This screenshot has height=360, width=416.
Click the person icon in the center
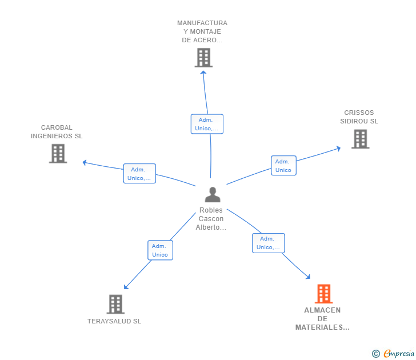click(213, 195)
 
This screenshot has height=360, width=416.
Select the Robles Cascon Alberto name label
click(211, 219)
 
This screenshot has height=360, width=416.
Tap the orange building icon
click(323, 294)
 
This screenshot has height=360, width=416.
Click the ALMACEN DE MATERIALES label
click(322, 319)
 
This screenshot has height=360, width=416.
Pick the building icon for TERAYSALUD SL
click(115, 304)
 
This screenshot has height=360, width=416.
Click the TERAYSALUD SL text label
click(114, 321)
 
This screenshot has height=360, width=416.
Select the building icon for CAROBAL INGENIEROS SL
click(58, 153)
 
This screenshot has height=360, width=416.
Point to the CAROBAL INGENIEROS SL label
click(57, 132)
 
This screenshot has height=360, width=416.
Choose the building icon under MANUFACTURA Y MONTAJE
click(203, 58)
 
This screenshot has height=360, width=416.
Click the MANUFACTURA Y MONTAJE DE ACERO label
click(202, 31)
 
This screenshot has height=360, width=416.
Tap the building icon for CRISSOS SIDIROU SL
click(360, 139)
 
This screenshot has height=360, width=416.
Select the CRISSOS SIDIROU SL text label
click(359, 117)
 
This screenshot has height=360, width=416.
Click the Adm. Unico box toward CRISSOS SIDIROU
click(283, 166)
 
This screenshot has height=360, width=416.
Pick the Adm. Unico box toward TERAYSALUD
click(160, 250)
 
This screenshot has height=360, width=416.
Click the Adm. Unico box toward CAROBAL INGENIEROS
click(139, 174)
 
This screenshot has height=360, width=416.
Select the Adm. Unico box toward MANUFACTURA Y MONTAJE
click(207, 124)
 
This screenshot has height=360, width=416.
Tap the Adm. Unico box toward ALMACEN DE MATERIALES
click(269, 243)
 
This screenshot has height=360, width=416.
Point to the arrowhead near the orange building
click(309, 277)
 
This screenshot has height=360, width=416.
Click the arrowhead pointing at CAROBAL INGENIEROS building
click(85, 162)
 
